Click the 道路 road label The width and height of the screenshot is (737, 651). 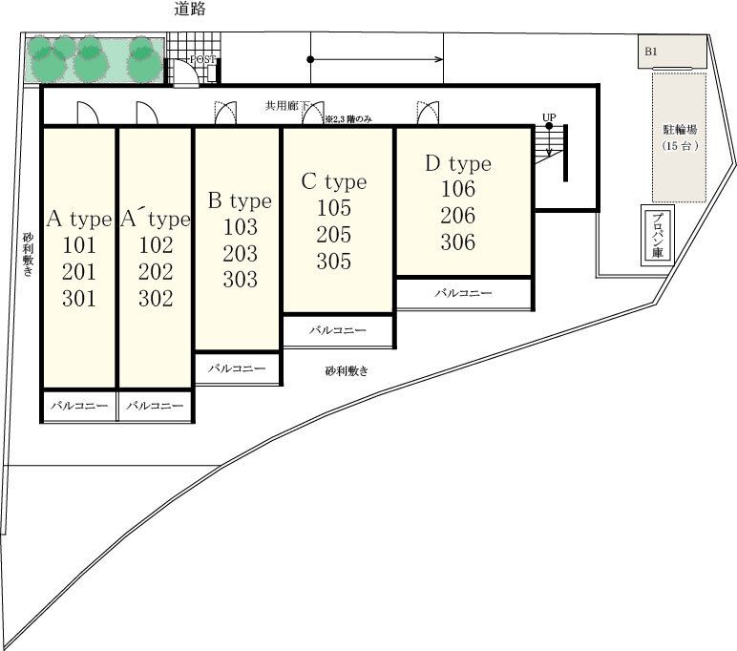tap(189, 9)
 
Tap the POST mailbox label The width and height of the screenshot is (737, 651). tap(203, 60)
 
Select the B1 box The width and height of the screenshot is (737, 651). tap(672, 52)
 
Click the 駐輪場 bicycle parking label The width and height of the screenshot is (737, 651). tap(680, 129)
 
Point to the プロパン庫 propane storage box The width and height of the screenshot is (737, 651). tap(658, 235)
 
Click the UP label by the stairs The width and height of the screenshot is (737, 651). tap(549, 116)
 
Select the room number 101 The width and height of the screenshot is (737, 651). tap(79, 245)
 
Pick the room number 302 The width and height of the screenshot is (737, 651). tap(156, 299)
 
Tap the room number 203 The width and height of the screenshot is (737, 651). tap(241, 254)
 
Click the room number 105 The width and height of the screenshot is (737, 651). tap(334, 208)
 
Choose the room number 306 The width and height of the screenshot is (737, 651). tap(458, 242)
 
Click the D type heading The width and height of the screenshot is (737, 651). tap(458, 163)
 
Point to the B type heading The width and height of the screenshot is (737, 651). tap(240, 201)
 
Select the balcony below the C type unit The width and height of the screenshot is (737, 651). tap(338, 331)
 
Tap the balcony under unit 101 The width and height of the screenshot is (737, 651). tap(79, 406)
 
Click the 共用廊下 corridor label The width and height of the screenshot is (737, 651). tap(286, 106)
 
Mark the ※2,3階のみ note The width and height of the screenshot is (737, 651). tap(348, 119)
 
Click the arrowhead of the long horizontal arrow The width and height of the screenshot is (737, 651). tap(439, 59)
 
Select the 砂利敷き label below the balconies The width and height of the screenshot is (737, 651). tap(347, 371)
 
